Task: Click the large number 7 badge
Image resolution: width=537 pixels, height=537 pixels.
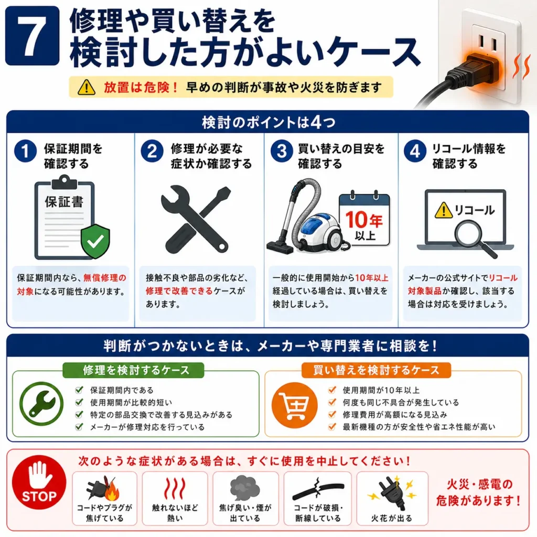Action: [x=32, y=36]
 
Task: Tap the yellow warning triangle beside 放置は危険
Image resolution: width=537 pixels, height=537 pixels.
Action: [x=87, y=87]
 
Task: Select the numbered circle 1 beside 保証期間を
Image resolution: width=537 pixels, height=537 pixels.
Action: [x=25, y=151]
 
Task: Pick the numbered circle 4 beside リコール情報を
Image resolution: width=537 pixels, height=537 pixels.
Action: [x=415, y=151]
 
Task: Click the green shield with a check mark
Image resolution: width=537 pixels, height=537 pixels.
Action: [x=95, y=241]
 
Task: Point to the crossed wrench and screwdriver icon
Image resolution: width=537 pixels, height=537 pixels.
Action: [x=196, y=219]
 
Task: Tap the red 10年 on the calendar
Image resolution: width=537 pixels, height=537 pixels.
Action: [x=364, y=219]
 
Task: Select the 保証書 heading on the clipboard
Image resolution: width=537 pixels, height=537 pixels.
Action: [x=64, y=201]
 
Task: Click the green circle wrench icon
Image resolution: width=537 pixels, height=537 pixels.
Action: [x=41, y=404]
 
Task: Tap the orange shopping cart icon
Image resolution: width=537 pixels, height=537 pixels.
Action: [x=294, y=405]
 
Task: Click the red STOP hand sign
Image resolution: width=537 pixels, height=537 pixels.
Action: [x=39, y=482]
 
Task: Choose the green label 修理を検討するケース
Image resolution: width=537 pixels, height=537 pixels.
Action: [x=133, y=370]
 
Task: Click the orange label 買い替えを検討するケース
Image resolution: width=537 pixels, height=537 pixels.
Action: [x=376, y=370]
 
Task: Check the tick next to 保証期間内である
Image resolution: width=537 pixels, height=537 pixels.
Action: [x=79, y=390]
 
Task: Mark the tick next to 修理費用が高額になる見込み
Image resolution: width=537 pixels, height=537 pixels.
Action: [x=332, y=414]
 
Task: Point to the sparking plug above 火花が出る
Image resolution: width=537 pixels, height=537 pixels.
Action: [x=392, y=492]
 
